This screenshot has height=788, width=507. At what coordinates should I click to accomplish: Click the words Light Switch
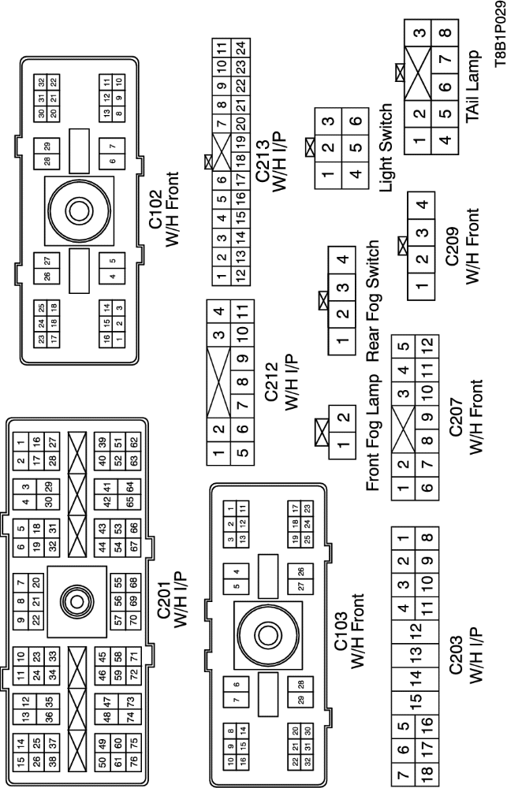click(386, 143)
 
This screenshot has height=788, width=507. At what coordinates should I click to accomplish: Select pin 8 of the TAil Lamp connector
click(445, 33)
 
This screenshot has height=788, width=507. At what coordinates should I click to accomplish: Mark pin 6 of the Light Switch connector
click(356, 121)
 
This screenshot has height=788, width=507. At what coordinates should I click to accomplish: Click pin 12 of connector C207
click(424, 344)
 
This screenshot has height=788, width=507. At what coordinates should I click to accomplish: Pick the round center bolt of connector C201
click(76, 601)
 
